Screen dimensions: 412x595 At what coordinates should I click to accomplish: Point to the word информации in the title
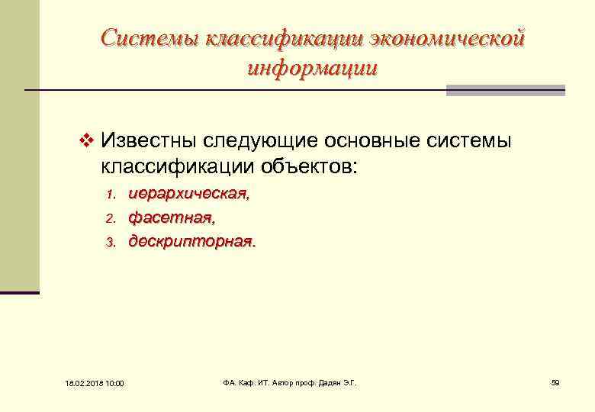tap(313, 68)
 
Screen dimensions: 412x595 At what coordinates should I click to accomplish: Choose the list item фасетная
tap(171, 218)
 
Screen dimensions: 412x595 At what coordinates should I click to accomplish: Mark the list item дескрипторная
tap(191, 242)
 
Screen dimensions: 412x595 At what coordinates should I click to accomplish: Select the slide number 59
tap(555, 381)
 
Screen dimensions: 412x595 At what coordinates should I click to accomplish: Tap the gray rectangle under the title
tap(505, 90)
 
